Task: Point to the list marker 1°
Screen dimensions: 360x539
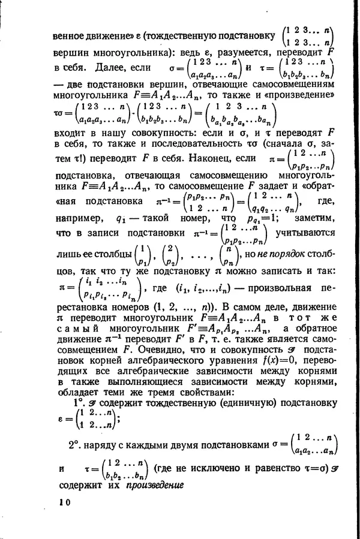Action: click(79, 404)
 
